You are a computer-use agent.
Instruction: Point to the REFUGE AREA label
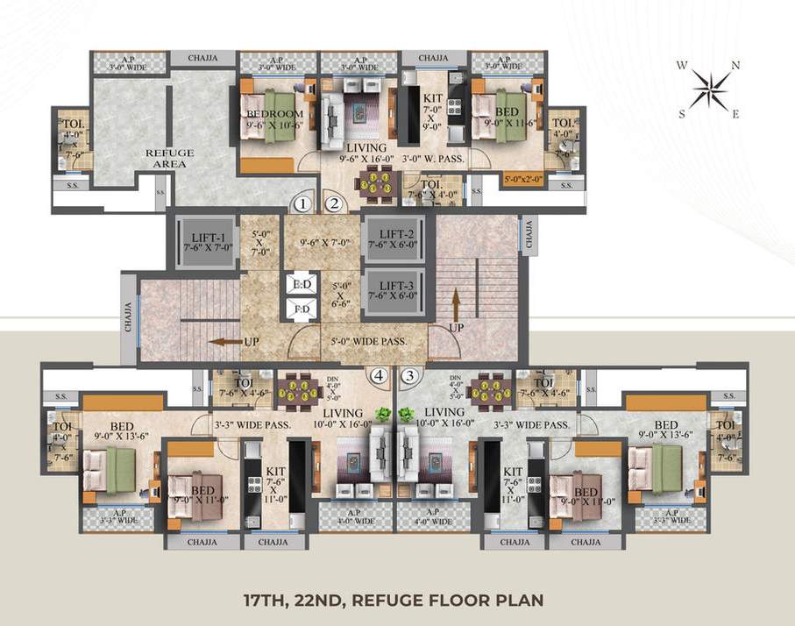pyautogui.click(x=169, y=158)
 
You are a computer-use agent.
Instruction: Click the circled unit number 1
pyautogui.click(x=302, y=204)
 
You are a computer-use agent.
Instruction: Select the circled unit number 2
pyautogui.click(x=333, y=204)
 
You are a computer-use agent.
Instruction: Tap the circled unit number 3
pyautogui.click(x=408, y=376)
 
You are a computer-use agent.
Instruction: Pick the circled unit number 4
pyautogui.click(x=378, y=376)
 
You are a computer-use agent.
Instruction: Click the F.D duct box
pyautogui.click(x=301, y=309)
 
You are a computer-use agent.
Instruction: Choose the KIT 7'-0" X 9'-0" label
pyautogui.click(x=433, y=113)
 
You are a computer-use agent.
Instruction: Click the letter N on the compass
pyautogui.click(x=735, y=65)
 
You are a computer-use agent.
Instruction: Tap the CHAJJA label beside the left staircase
pyautogui.click(x=128, y=318)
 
